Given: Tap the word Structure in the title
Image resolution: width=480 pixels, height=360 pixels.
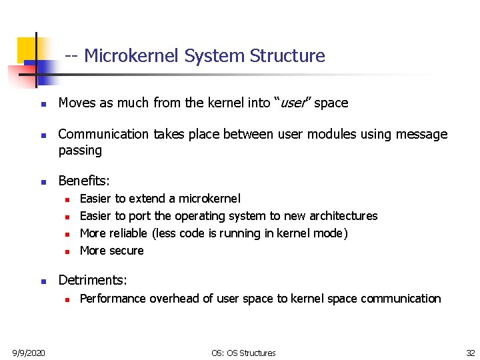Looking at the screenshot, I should coord(287,56).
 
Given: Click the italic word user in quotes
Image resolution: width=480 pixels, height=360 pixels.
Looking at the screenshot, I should coord(292,103).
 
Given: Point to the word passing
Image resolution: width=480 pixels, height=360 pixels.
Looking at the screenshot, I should coord(80,151).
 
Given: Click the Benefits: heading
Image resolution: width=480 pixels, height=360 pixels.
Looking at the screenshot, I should coord(85,181).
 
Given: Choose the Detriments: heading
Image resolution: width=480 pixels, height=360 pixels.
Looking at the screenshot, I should coord(93,281).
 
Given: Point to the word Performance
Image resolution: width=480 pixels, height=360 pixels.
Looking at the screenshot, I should coord(113,299).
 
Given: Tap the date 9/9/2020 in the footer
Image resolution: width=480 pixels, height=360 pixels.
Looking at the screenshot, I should coord(28,353).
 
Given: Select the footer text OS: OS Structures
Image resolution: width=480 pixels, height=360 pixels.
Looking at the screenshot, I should coord(243,353).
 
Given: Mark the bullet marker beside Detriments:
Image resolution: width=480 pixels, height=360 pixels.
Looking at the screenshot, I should coord(42,282).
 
